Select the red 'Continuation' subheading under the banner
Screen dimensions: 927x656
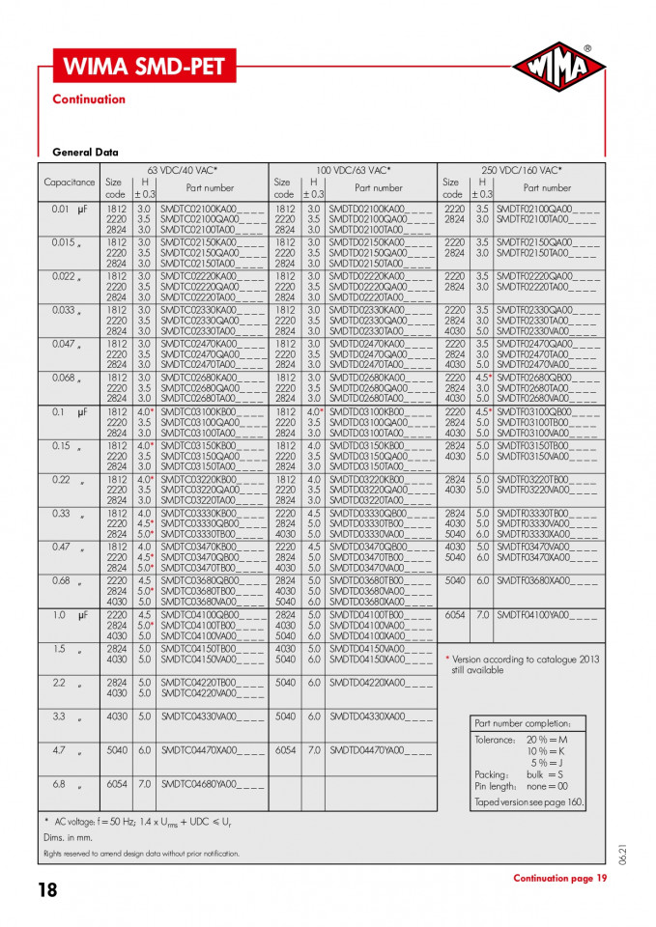[89, 99]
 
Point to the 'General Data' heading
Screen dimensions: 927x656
[85, 153]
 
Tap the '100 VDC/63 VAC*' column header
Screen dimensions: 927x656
[352, 170]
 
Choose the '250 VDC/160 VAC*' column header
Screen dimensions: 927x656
[521, 170]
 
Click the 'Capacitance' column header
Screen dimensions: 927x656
[70, 183]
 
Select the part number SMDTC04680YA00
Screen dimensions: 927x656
[212, 784]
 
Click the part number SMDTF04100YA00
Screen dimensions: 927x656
[548, 615]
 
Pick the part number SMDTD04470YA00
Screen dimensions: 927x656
[381, 750]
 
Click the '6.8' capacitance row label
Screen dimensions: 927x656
[60, 784]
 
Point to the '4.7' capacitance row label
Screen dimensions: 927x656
[60, 750]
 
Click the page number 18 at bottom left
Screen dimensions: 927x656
[47, 890]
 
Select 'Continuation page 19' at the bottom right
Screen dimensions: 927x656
[559, 878]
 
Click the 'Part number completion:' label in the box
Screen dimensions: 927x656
[523, 724]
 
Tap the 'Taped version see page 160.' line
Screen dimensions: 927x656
[529, 801]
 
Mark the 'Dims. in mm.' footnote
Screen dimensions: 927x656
[66, 837]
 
